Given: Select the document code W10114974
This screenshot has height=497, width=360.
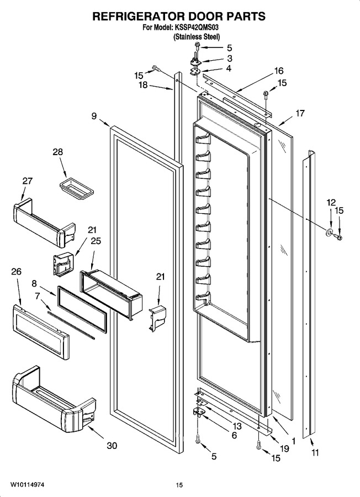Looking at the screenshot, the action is tap(27, 485).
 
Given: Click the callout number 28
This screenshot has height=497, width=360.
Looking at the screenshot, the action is tap(57, 152).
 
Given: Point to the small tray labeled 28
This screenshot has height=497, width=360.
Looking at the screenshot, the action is tap(77, 189).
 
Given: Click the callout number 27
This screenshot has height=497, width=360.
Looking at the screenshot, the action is tap(27, 181).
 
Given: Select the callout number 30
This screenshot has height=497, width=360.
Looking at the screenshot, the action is tap(112, 445).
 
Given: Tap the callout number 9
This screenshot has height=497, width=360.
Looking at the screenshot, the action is tap(94, 116).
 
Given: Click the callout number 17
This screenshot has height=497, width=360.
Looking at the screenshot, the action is tap(300, 113).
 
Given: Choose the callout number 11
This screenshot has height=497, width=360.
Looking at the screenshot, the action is tap(315, 453).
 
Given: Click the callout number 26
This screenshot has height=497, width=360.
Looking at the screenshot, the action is tap(17, 271).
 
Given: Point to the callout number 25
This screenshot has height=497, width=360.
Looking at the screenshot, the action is tap(96, 241).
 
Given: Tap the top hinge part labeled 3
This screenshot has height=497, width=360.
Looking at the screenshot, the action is tap(197, 60).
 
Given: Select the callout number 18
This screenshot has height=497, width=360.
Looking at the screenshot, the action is tap(143, 85).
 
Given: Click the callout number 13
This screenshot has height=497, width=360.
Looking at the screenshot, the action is tap(237, 426).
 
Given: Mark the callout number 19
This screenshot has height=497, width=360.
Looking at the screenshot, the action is tap(284, 448).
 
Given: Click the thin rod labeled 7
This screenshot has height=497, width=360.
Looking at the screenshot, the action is tap(71, 325).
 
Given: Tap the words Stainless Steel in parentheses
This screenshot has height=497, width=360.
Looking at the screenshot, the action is tap(197, 37).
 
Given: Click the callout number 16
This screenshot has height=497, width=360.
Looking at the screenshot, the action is tap(278, 71).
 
